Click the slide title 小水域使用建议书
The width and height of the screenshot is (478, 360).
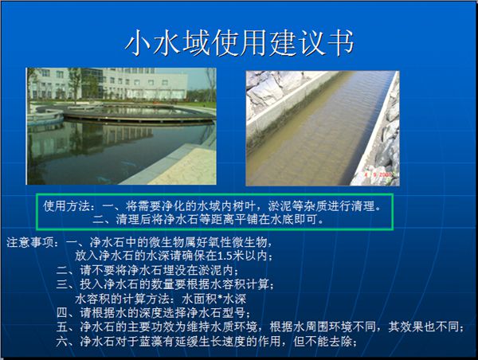tap(239, 43)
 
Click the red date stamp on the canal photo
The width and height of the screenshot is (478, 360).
tap(378, 174)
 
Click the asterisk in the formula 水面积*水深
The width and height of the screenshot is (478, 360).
tap(221, 299)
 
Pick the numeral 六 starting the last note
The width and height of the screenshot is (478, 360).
tap(62, 342)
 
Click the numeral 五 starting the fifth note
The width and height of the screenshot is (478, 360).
tap(62, 327)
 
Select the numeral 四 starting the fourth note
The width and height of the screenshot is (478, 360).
tap(62, 313)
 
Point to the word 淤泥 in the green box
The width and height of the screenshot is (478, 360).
tap(280, 206)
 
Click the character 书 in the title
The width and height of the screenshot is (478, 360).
tap(340, 43)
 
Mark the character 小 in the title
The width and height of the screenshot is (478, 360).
tap(139, 43)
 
